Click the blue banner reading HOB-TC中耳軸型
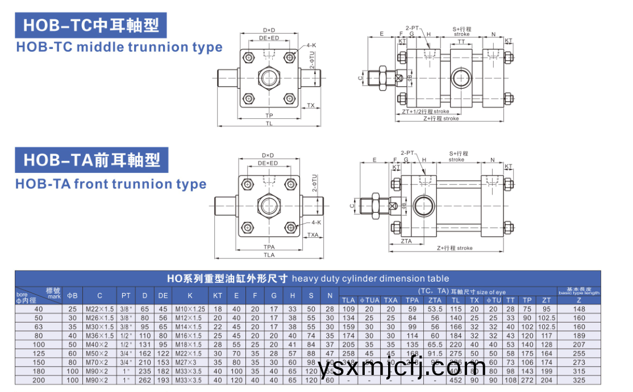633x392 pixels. [91, 26]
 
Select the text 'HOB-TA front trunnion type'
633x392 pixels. [111, 184]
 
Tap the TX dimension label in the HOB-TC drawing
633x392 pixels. [311, 106]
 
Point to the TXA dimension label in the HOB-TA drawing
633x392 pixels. [313, 235]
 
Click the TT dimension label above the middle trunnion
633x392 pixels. [461, 42]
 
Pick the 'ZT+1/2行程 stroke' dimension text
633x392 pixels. [425, 112]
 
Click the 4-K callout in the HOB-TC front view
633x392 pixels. [311, 45]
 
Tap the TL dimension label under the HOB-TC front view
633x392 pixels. [269, 123]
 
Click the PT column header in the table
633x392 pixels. [126, 295]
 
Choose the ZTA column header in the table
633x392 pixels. [435, 300]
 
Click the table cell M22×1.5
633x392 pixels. [99, 309]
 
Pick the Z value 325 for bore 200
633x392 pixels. [579, 379]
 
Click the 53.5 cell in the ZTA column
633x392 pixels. [435, 309]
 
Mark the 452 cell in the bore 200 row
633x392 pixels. [456, 379]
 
